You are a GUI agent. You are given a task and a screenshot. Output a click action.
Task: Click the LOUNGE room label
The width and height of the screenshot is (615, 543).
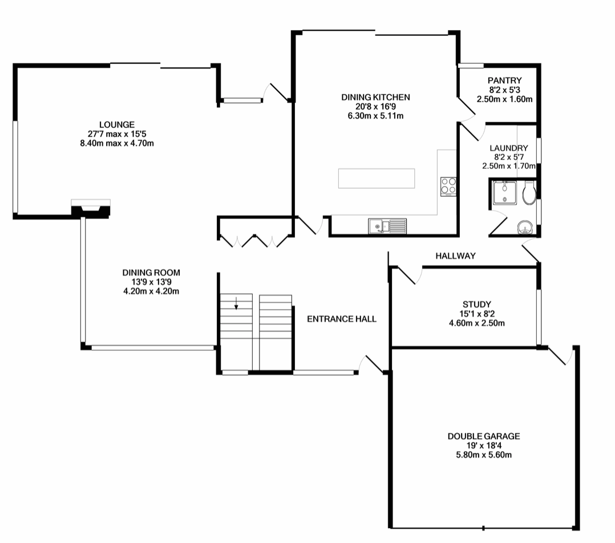point(116,124)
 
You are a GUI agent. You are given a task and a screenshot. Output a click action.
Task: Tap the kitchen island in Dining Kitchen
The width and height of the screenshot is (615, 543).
point(377,178)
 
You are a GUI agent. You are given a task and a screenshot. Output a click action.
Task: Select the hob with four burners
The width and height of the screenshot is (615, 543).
point(448,186)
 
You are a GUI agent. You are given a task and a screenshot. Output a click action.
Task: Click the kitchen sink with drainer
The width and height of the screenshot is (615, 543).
point(387,226)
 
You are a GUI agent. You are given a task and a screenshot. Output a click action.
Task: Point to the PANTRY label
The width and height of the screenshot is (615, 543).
point(504,81)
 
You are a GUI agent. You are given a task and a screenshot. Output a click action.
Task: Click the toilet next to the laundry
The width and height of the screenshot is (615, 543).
point(529,193)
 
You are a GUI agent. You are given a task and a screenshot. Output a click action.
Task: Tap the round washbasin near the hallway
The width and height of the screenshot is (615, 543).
point(525,229)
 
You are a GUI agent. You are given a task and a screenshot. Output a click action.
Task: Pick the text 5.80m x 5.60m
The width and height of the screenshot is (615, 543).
point(483,455)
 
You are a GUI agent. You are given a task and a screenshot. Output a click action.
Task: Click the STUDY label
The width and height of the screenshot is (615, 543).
point(477,305)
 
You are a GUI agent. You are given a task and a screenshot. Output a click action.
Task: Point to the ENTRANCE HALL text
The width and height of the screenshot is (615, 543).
point(342,319)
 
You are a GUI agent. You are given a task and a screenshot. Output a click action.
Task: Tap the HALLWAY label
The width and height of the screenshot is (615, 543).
point(455,256)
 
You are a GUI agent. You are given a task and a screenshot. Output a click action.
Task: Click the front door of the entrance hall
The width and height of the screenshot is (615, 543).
point(373,365)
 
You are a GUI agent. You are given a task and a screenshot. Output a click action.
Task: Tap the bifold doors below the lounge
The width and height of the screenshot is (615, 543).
point(254,241)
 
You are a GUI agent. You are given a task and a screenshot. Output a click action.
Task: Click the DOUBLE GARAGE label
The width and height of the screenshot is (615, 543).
point(483,436)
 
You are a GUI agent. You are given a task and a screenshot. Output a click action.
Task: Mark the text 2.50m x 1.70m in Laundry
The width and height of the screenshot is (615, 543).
point(509,166)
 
